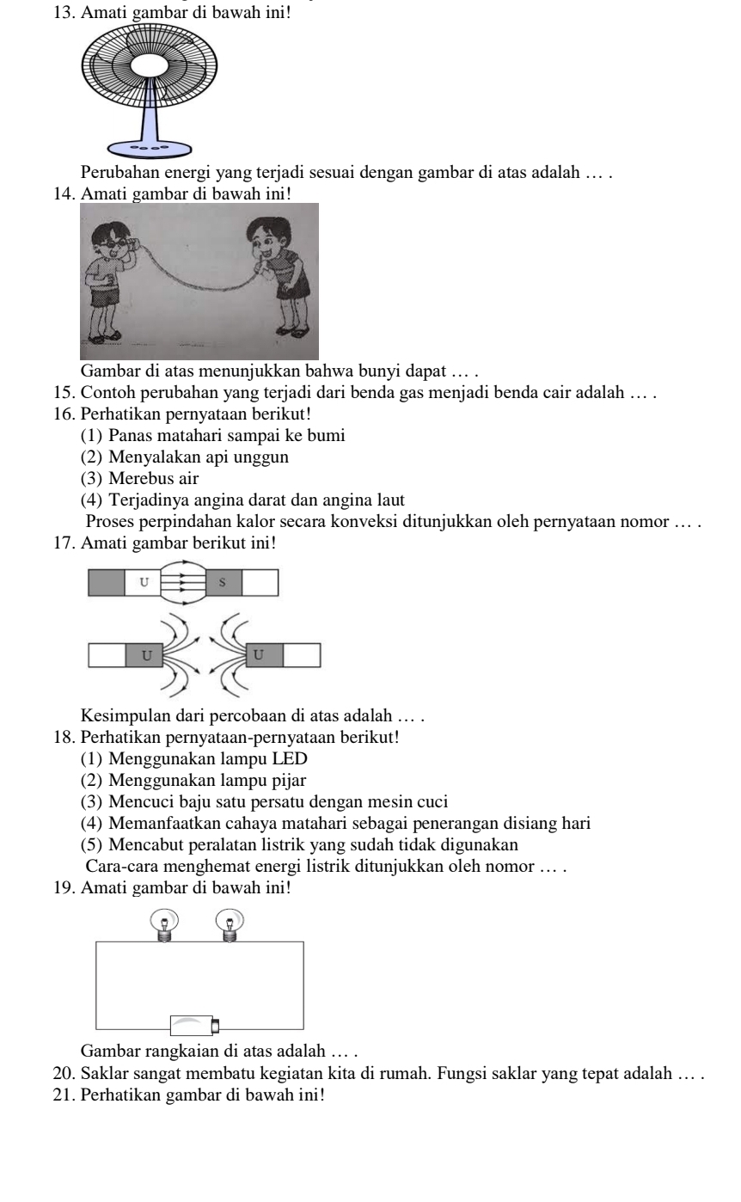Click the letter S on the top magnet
224,583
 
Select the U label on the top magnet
143,583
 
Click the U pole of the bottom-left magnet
145,655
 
